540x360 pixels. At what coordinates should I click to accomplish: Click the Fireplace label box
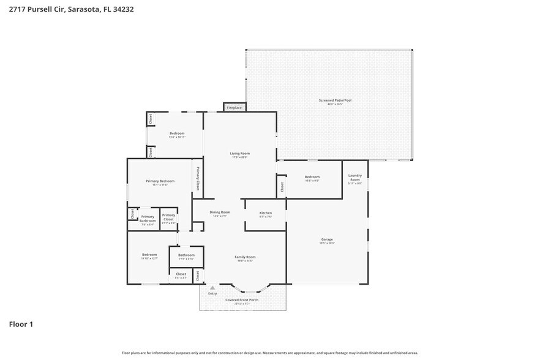point(234,108)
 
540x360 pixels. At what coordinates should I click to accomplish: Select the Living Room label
point(240,154)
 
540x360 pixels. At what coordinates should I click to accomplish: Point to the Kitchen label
point(265,213)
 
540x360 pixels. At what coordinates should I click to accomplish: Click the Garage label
point(327,239)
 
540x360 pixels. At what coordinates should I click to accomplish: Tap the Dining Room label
point(221,212)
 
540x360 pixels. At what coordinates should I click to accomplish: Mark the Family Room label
point(245,257)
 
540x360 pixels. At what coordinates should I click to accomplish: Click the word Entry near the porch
point(212,293)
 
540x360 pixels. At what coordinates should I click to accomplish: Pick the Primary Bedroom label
point(160,181)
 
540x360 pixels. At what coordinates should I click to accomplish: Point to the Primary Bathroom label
point(148,218)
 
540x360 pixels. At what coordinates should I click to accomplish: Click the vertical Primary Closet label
point(198,178)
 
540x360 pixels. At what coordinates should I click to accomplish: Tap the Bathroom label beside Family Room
point(186,255)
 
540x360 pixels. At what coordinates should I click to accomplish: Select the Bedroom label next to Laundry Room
point(312,177)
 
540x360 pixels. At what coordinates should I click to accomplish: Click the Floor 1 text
point(20,323)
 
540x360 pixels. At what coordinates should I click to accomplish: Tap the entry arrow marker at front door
point(212,287)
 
